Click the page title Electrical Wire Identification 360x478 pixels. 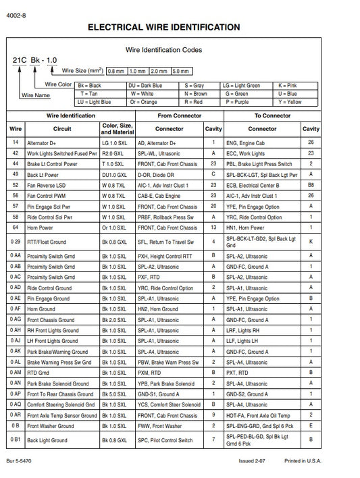click(x=163, y=27)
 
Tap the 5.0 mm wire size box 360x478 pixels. click(x=181, y=70)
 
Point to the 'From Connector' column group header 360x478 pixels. click(x=179, y=115)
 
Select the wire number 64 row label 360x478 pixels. click(x=15, y=228)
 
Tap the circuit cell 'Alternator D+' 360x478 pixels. click(x=45, y=143)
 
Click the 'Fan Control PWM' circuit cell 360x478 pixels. click(x=48, y=196)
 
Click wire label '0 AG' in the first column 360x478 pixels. click(x=15, y=319)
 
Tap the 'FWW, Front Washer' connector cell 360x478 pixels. click(x=160, y=426)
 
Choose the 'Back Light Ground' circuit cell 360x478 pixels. click(x=47, y=440)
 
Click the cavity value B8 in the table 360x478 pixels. click(x=311, y=185)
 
